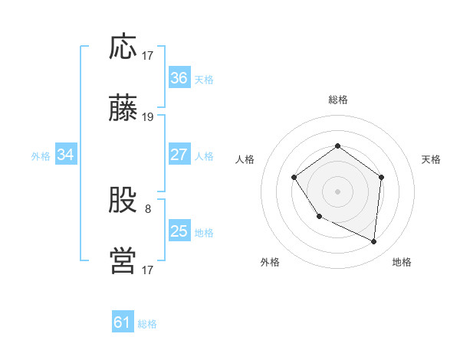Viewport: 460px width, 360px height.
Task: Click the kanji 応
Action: (x=123, y=47)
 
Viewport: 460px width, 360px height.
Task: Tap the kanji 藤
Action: (x=123, y=110)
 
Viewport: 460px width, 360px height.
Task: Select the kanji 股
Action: (x=123, y=201)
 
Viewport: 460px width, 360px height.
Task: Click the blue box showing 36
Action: (x=179, y=78)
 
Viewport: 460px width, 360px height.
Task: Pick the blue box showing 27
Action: (x=179, y=155)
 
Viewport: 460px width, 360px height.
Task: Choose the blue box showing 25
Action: (x=179, y=231)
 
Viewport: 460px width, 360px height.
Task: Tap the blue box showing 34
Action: (x=66, y=155)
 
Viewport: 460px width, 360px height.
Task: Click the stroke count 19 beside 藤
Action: (x=148, y=117)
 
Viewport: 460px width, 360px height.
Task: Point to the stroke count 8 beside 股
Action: (x=148, y=208)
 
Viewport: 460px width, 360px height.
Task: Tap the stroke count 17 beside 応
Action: (x=148, y=56)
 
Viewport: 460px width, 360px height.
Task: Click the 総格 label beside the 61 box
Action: (x=147, y=324)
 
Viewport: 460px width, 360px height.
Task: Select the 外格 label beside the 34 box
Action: (x=41, y=156)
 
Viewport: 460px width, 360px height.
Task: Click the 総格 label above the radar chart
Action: (x=338, y=100)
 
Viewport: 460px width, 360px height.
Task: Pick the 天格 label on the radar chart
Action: (x=432, y=159)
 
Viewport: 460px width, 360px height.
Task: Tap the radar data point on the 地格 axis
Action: (x=374, y=242)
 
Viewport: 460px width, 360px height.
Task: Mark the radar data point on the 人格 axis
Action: (x=294, y=178)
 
